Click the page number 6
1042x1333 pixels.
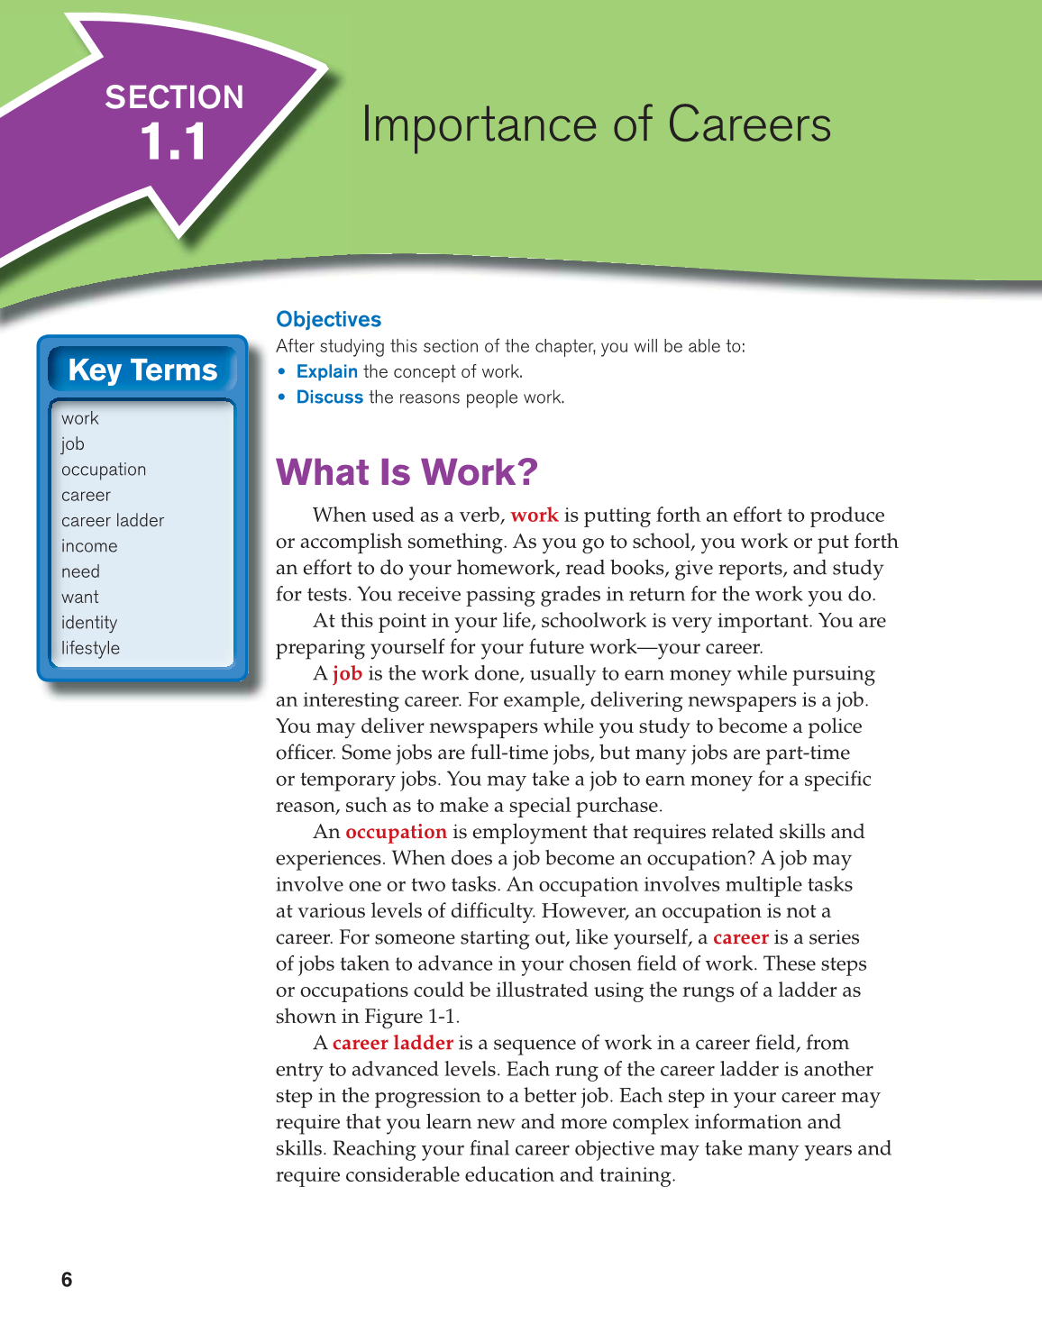click(x=67, y=1280)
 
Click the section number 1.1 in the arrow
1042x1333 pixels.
click(x=173, y=142)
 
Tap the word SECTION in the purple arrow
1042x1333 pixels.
click(x=174, y=97)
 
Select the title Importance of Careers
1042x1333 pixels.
click(x=596, y=124)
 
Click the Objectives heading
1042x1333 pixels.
click(x=328, y=319)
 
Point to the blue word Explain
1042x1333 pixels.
click(x=326, y=371)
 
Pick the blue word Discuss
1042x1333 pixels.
click(x=329, y=397)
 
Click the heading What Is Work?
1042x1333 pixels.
click(x=407, y=472)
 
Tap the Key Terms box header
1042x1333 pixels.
click(x=142, y=370)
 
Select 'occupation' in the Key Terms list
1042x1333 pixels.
click(x=104, y=470)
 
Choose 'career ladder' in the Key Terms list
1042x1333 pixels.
click(x=113, y=521)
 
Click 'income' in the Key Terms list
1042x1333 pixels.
click(x=89, y=546)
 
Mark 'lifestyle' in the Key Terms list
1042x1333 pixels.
click(x=90, y=648)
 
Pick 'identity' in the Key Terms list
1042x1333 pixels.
click(x=89, y=623)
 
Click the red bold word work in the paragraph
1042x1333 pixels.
click(x=535, y=516)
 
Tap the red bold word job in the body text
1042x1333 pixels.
click(x=347, y=673)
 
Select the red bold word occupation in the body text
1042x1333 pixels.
click(x=396, y=832)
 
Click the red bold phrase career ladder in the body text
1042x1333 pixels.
click(x=392, y=1043)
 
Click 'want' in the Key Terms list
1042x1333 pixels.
click(x=80, y=598)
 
